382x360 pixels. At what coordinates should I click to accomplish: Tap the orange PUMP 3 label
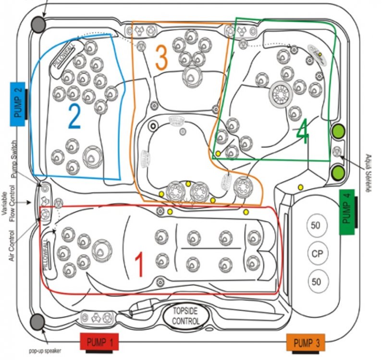coord(306,343)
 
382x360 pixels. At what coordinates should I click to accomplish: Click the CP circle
coord(316,252)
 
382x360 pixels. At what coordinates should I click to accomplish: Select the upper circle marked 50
coord(316,225)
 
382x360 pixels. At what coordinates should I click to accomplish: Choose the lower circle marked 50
coord(316,281)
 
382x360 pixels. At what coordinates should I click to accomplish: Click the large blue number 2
coord(74,116)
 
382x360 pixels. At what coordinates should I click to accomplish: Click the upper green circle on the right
coord(339,130)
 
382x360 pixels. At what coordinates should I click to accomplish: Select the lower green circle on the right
coord(339,171)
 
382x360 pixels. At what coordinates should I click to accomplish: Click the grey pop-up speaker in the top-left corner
coord(38,23)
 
